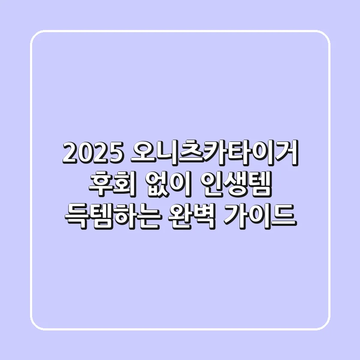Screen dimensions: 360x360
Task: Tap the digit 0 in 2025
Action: pyautogui.click(x=84, y=154)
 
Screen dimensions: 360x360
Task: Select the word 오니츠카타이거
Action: pyautogui.click(x=213, y=153)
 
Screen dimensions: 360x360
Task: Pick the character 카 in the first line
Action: pyautogui.click(x=213, y=153)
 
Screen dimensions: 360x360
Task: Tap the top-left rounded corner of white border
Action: pyautogui.click(x=36, y=36)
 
